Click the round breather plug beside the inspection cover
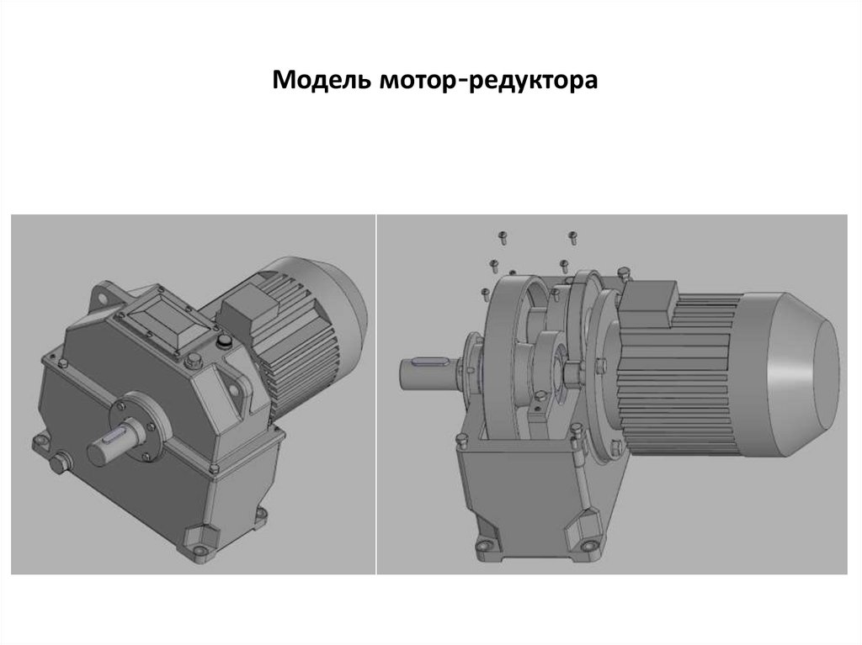click(223, 341)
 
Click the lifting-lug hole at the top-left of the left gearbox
click(102, 297)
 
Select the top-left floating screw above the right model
click(503, 238)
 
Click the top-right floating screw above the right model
click(572, 237)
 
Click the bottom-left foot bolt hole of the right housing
click(484, 546)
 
